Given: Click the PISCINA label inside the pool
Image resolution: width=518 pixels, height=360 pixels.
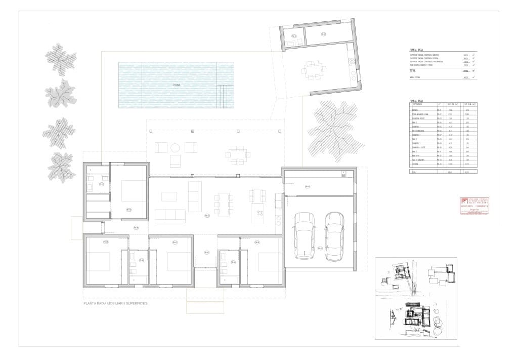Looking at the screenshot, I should click(x=176, y=85).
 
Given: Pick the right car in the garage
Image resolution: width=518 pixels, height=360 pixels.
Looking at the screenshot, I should click(x=334, y=235).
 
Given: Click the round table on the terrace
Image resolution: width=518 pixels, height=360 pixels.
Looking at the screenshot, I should click(x=175, y=148).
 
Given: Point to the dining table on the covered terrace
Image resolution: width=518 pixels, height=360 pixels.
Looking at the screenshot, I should click(x=237, y=154).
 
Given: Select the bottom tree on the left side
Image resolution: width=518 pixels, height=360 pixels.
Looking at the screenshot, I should click(x=61, y=168).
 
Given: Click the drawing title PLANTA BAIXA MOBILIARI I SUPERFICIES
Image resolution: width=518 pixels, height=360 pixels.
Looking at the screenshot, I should click(x=115, y=304).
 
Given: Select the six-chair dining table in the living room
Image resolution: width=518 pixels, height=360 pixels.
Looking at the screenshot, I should click(x=224, y=205).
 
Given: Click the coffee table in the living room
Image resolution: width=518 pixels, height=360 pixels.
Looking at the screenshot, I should click(x=169, y=196).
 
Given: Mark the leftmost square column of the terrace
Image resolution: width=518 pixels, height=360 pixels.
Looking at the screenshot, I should click(x=151, y=131).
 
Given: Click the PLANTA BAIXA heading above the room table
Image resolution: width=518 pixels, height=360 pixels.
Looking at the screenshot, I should click(x=417, y=101).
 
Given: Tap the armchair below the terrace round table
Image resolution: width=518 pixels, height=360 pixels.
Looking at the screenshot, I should click(x=175, y=161).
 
